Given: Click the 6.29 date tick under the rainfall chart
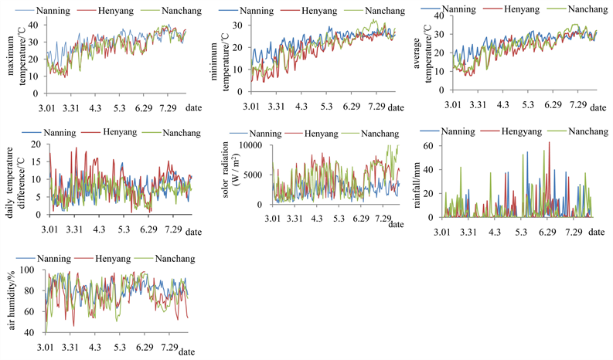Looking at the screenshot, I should click(547, 232).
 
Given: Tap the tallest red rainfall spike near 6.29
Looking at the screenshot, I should click(550, 144).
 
